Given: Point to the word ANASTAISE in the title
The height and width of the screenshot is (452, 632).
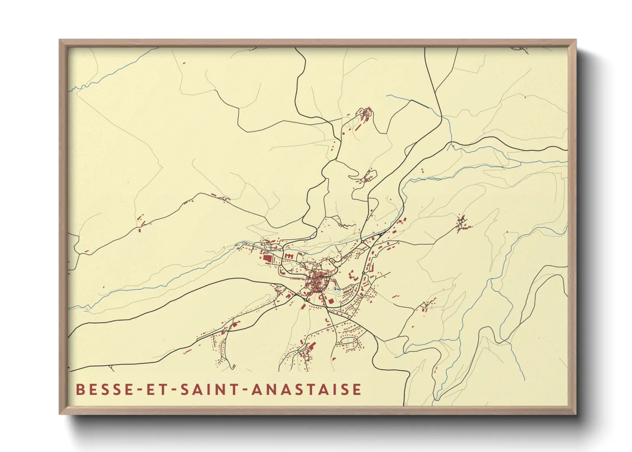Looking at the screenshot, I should click(x=306, y=390).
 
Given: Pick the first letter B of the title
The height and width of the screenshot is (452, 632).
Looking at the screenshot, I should click(x=80, y=390).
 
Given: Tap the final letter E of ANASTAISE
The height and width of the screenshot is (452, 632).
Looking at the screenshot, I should click(x=357, y=390).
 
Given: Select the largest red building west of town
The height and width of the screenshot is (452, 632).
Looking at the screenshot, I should click(x=267, y=259).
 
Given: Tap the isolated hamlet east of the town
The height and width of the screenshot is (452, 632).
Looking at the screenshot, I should click(x=462, y=223).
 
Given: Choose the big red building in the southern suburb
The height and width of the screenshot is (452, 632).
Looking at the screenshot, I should click(x=312, y=345).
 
